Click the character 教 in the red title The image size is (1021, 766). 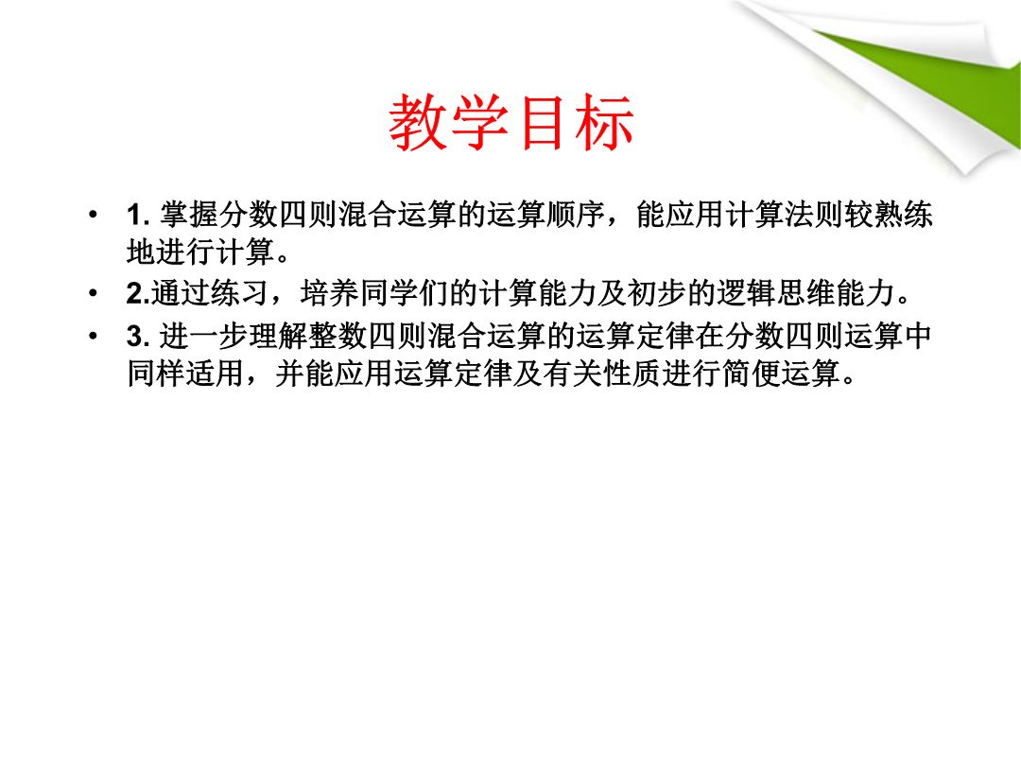418,122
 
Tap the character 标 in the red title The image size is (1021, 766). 603,122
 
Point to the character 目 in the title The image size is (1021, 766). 542,122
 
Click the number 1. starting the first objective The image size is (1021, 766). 138,215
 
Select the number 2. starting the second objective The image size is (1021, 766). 138,293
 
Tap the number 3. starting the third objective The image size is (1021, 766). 138,337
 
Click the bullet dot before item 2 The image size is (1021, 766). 93,293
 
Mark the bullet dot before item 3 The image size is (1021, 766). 93,337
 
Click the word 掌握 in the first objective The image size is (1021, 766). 189,215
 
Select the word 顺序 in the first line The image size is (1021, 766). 577,215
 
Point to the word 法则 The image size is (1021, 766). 814,215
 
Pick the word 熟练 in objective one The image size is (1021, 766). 903,215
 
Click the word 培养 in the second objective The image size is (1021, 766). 330,293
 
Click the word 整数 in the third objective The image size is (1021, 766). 338,337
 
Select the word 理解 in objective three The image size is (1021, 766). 279,337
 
